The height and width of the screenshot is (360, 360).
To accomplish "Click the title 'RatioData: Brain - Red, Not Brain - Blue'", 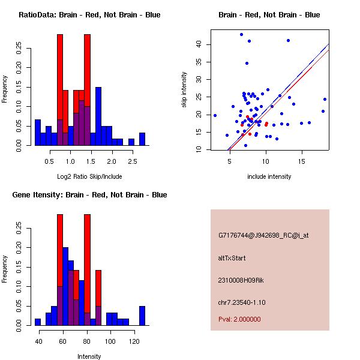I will click(x=89, y=15).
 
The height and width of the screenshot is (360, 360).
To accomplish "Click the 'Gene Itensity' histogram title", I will click(x=89, y=195).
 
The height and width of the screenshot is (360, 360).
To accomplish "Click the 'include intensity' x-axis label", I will click(x=269, y=176).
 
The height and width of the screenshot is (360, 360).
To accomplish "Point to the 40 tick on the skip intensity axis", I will click(x=199, y=44).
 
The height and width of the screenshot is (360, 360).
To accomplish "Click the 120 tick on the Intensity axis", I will click(x=134, y=342).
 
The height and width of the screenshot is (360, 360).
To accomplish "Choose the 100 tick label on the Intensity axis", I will click(x=110, y=342).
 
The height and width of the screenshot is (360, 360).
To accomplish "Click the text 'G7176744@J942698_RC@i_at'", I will click(x=263, y=236).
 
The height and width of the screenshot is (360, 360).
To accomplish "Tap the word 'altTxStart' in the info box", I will click(x=232, y=258).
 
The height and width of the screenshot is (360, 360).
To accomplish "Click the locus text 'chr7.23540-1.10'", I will click(x=241, y=302).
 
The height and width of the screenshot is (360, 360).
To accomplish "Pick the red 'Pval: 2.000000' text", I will click(x=239, y=319).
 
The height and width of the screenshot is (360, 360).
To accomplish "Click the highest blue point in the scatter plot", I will click(x=241, y=35).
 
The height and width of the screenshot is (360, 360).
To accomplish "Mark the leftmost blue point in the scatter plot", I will click(x=215, y=115).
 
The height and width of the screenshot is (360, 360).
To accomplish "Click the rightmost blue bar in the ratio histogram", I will click(x=142, y=139).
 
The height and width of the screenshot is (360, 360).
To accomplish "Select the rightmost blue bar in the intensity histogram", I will click(x=142, y=316).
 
